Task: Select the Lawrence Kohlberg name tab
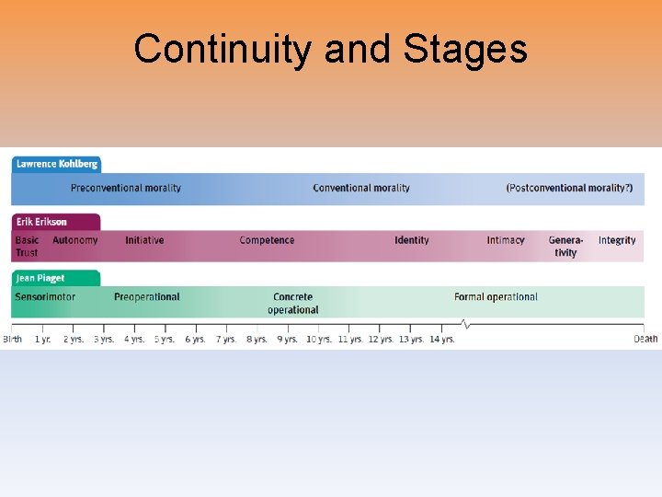pos(56,164)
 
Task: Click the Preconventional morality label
pos(126,188)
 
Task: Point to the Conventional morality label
pos(361,188)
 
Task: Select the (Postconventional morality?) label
pos(569,188)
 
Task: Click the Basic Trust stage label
pos(28,246)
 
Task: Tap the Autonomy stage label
pos(74,240)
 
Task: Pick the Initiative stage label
pos(144,240)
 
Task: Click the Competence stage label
pos(267,240)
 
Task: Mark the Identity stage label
pos(411,240)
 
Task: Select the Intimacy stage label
pos(506,240)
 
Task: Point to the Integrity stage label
pos(617,240)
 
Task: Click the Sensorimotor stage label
pos(45,297)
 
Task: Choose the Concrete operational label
pos(292,303)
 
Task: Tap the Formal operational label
pos(496,297)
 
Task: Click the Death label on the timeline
pos(645,339)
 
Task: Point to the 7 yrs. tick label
pos(226,339)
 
